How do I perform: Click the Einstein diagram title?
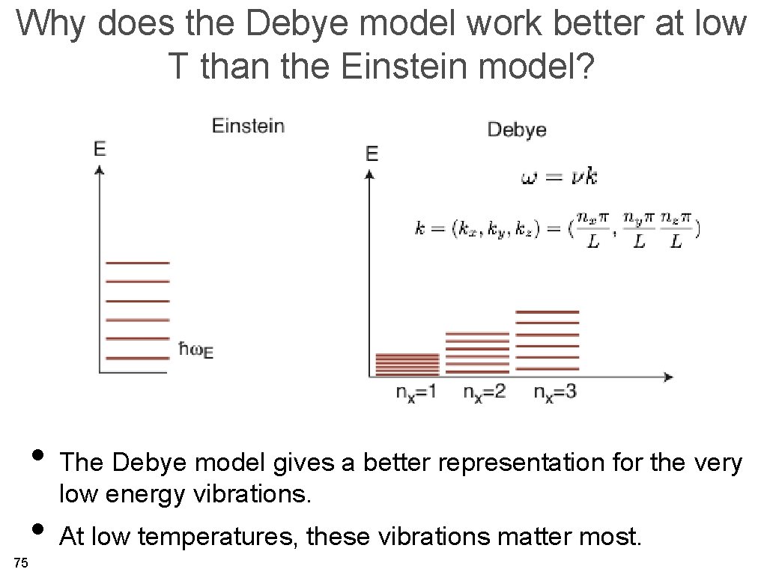248,126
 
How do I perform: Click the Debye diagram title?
517,130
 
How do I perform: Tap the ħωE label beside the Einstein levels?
196,350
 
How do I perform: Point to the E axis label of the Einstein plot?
100,149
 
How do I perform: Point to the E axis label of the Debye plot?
372,154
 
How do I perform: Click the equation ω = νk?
559,177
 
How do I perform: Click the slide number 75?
21,563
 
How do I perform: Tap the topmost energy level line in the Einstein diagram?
138,264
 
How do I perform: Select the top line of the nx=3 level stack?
548,311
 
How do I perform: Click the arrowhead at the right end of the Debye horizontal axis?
668,376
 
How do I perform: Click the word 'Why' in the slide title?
52,24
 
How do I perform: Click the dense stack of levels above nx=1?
407,364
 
